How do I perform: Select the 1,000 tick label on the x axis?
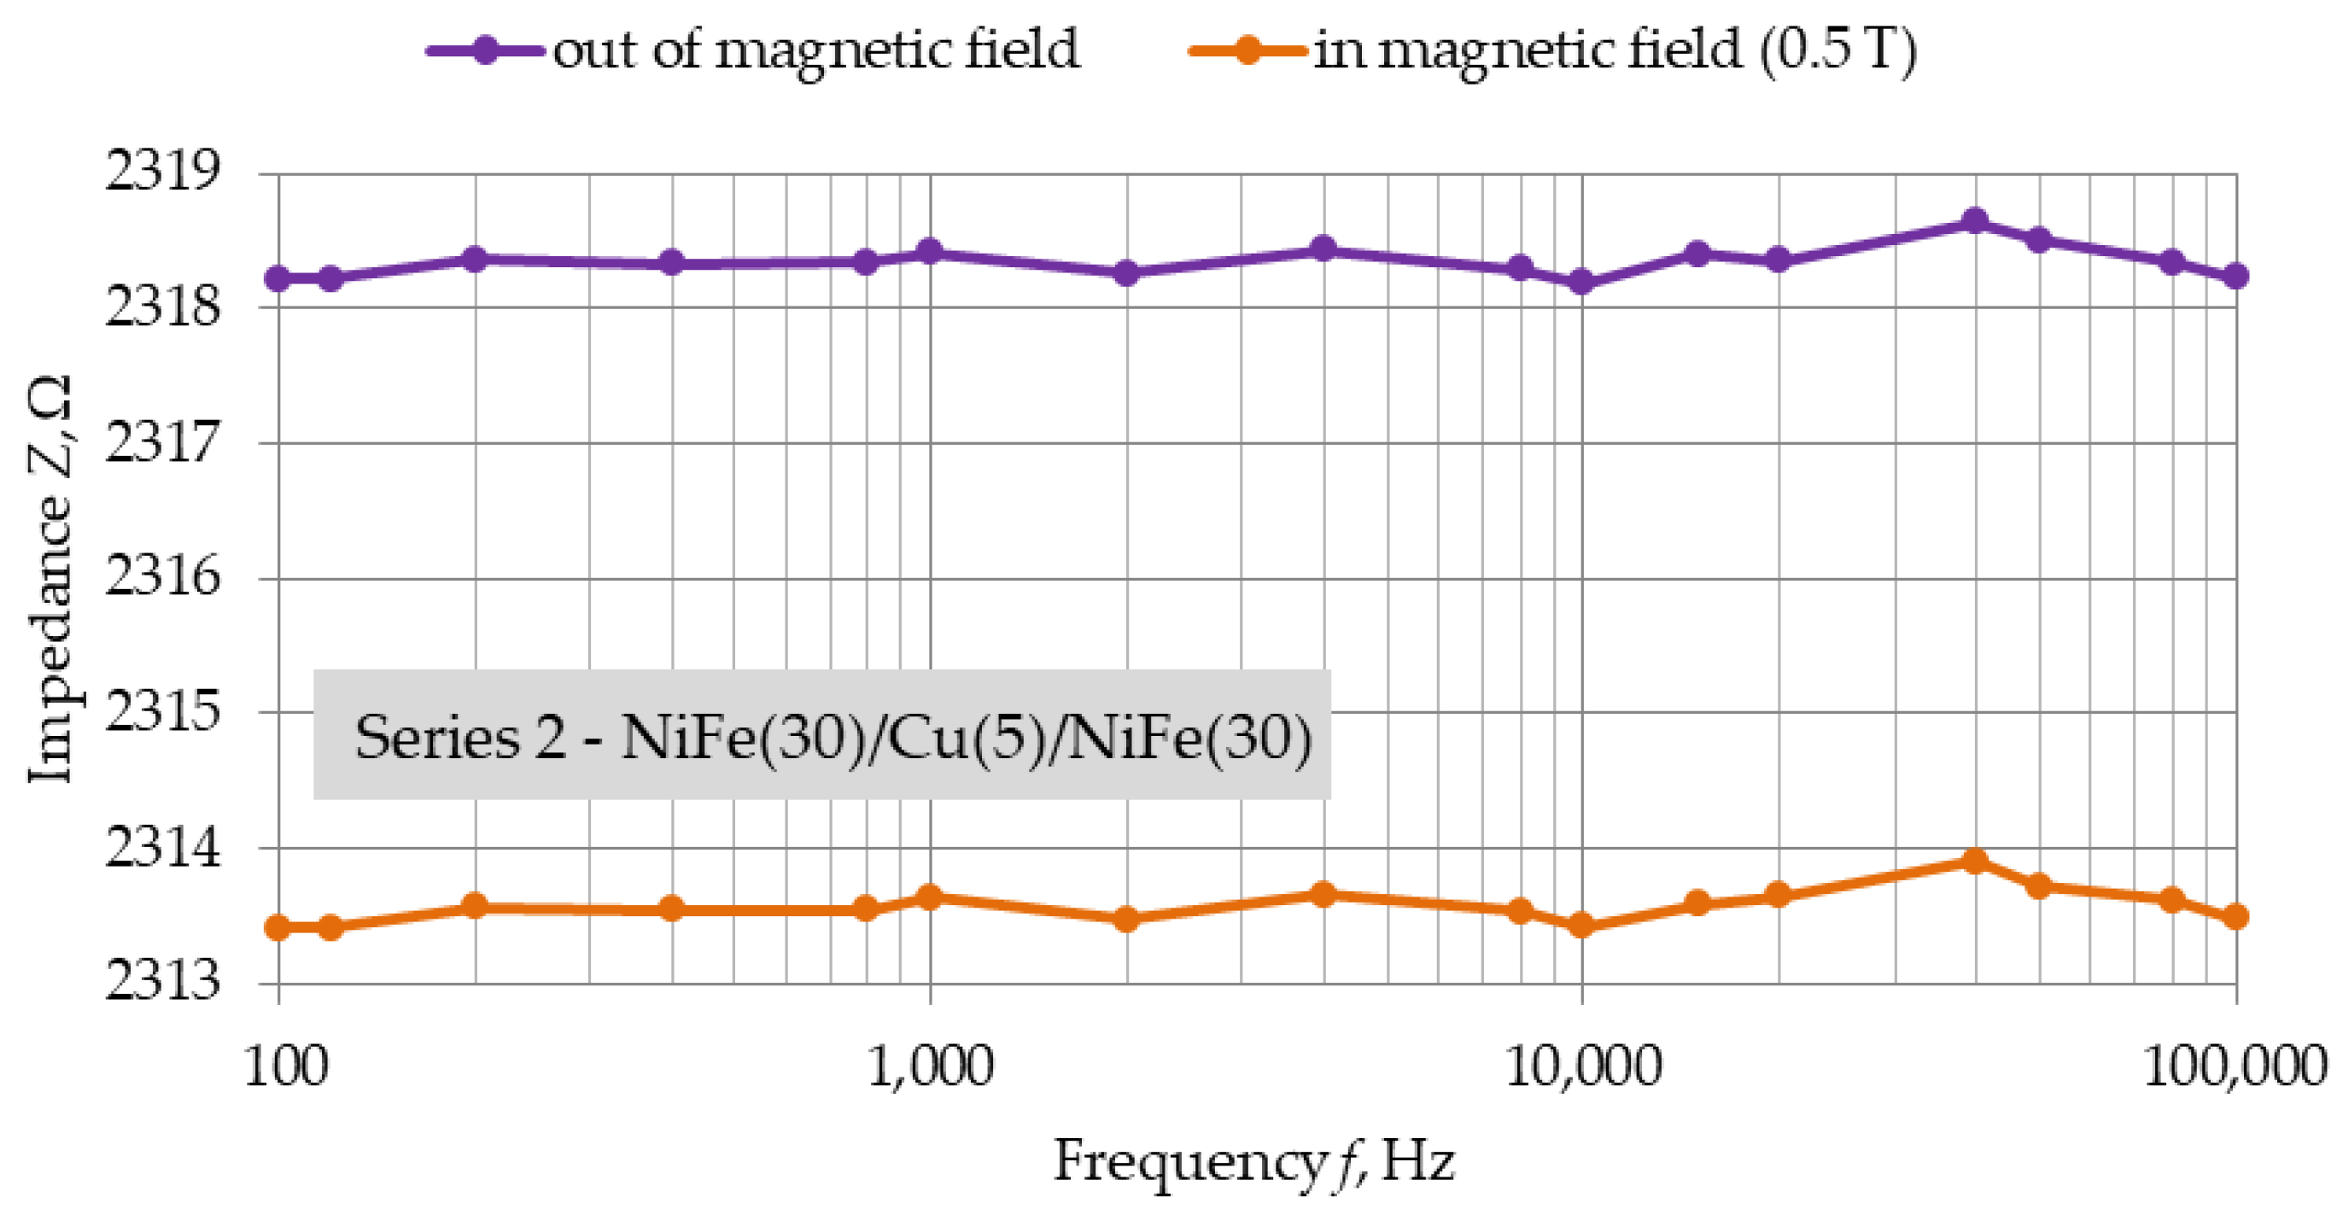click(x=930, y=1066)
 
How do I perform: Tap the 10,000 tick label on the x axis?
click(x=1581, y=1066)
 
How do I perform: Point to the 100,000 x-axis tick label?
click(x=2234, y=1066)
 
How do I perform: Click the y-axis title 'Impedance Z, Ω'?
click(x=51, y=581)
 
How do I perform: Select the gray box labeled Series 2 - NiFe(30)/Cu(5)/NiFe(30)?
click(x=821, y=734)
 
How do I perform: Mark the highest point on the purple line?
click(x=1974, y=221)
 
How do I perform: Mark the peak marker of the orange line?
click(x=1974, y=861)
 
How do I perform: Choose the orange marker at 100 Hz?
click(x=278, y=928)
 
